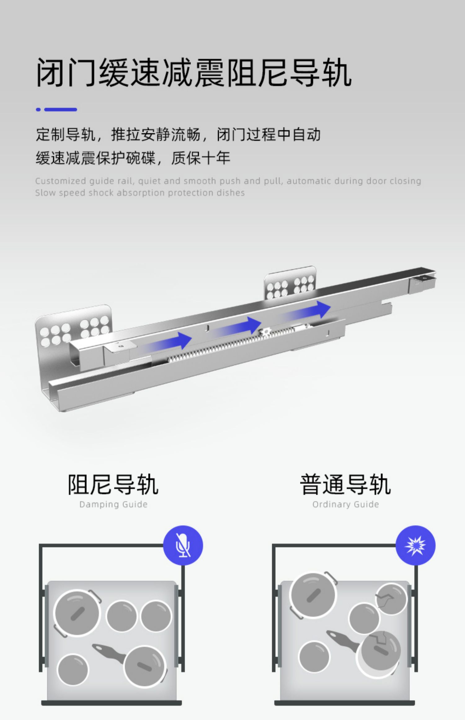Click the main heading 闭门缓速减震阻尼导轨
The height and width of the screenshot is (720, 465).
click(x=194, y=73)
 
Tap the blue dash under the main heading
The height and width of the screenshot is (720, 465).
click(x=60, y=109)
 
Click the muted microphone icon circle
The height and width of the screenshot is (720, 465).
click(x=183, y=545)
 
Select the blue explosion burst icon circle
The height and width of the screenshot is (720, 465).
click(x=415, y=545)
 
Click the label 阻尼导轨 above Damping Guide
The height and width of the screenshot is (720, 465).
click(x=113, y=485)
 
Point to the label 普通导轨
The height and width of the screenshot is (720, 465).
click(x=345, y=485)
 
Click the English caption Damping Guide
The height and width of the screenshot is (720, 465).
click(x=113, y=504)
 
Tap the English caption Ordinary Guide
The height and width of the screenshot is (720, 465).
click(x=345, y=504)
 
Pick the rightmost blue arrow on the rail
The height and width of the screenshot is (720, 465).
click(x=310, y=310)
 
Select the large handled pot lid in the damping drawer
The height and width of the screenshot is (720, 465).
click(x=77, y=613)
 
